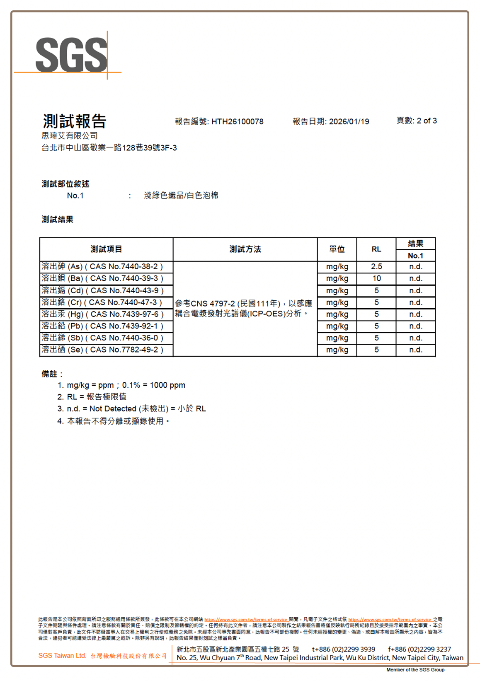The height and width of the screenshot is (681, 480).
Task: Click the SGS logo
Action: tap(71, 55)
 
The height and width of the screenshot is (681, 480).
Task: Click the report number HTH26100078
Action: tap(237, 121)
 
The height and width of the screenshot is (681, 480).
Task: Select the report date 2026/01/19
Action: tap(349, 121)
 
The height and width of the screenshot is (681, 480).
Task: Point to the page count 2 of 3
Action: tap(427, 121)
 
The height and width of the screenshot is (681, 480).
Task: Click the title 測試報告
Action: tap(75, 121)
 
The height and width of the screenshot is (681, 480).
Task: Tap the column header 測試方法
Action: tap(245, 249)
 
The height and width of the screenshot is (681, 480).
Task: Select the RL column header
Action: tap(376, 249)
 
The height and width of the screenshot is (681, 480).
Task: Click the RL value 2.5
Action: tap(376, 266)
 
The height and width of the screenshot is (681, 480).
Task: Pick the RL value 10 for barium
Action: tap(376, 278)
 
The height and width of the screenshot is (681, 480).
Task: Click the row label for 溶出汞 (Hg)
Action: tap(102, 314)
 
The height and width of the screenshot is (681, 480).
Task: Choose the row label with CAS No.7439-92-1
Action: tap(102, 326)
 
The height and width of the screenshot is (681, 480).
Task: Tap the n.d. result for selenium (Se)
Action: tap(415, 350)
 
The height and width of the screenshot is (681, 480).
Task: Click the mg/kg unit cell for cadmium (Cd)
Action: tap(337, 290)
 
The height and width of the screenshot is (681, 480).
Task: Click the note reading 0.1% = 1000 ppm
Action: tap(153, 385)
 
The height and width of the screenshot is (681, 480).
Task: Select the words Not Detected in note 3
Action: tap(113, 408)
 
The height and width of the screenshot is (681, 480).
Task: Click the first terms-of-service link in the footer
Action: tap(246, 620)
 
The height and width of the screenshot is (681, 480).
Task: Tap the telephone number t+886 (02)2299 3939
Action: tap(343, 649)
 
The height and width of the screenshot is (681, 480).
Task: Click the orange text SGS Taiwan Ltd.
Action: tap(62, 655)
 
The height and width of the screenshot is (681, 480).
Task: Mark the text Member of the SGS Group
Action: tap(415, 669)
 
